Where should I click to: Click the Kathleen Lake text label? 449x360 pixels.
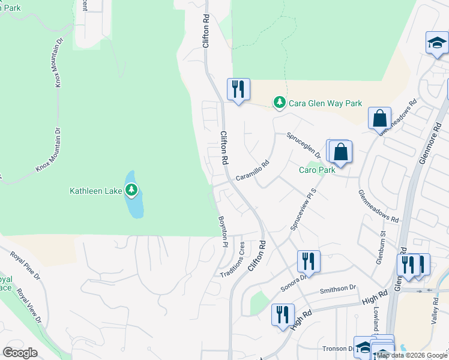click(96, 191)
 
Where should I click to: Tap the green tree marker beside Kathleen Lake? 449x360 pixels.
click(131, 191)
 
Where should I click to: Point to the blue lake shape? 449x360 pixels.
click(135, 206)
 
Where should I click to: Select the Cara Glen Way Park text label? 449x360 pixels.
click(325, 103)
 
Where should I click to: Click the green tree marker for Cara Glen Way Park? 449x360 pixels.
click(279, 103)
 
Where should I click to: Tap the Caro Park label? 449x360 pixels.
click(317, 170)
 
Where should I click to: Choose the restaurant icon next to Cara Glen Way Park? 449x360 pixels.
click(238, 89)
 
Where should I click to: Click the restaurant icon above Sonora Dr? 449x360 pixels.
click(309, 261)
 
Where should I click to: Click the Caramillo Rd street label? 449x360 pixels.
click(252, 170)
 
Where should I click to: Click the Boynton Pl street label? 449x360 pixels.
click(223, 232)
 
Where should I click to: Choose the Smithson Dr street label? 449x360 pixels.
click(339, 289)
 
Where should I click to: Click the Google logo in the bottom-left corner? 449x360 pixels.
click(20, 353)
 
